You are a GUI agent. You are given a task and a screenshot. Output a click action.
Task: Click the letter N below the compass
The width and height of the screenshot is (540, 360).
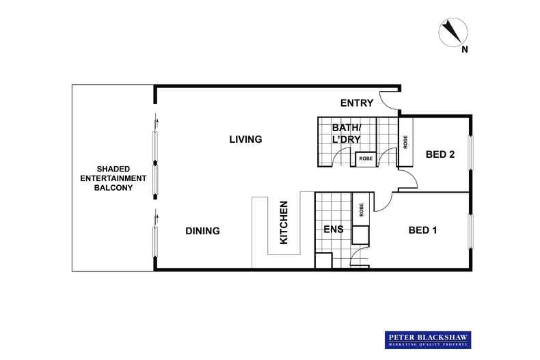(x=464, y=49)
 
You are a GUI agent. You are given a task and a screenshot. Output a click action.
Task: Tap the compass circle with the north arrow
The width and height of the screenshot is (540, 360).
(x=452, y=31)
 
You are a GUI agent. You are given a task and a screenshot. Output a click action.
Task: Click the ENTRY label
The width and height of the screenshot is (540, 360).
(x=357, y=103)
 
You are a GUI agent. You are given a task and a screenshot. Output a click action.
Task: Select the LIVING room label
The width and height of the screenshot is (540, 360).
(x=245, y=139)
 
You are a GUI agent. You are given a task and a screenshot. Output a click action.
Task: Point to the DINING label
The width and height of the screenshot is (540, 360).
(x=202, y=231)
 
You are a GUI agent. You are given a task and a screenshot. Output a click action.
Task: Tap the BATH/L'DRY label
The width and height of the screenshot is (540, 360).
(x=347, y=133)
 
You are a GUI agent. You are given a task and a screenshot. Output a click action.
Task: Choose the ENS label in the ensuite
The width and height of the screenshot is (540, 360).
(x=333, y=230)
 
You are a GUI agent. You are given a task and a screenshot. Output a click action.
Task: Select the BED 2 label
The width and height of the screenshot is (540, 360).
(x=440, y=154)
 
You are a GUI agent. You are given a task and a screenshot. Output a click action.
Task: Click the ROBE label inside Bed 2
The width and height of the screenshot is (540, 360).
(x=405, y=142)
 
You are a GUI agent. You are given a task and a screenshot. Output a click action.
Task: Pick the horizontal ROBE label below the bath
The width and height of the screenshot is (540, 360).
(x=365, y=158)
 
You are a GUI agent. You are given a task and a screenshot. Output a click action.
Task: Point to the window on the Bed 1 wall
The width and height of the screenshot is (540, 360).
(x=470, y=232)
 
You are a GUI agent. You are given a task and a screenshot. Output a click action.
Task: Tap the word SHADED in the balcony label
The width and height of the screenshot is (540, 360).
(x=113, y=168)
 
